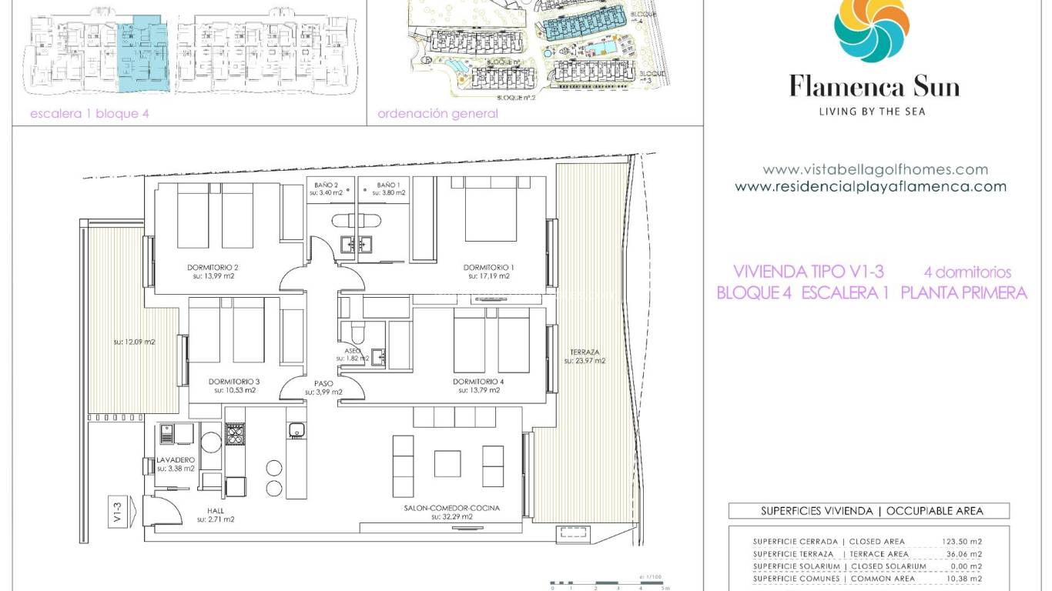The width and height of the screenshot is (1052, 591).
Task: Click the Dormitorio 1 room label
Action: point(488,268)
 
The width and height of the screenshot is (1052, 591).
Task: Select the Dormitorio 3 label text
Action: point(234,382)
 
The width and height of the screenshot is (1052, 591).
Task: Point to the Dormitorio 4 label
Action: point(477,382)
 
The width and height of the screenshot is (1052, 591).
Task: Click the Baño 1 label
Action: point(389,185)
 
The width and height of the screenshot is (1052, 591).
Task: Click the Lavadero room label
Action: point(176,459)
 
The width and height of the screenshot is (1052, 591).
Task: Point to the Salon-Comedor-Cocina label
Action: point(451,508)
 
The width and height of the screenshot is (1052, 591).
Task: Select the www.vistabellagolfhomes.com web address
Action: point(875,169)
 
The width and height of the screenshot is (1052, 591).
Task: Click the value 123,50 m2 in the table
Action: point(961,541)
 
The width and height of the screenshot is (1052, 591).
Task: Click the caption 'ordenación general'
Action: point(437,114)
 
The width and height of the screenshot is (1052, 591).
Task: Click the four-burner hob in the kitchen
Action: point(234,434)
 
